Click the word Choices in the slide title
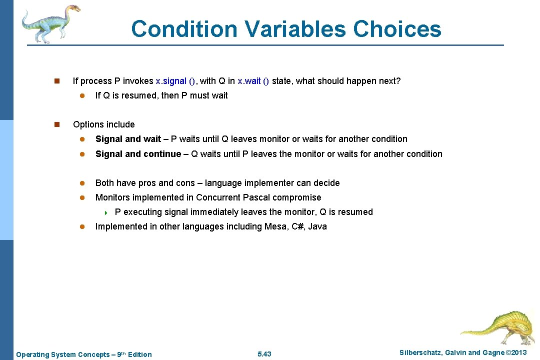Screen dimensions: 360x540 tap(397, 29)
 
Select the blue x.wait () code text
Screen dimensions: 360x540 tap(253, 81)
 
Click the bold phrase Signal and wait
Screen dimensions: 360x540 tap(128, 139)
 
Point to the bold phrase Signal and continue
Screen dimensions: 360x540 tap(138, 154)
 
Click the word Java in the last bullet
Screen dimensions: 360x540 tap(317, 226)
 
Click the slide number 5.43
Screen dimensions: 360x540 tap(264, 354)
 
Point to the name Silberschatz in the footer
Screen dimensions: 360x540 tap(419, 353)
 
